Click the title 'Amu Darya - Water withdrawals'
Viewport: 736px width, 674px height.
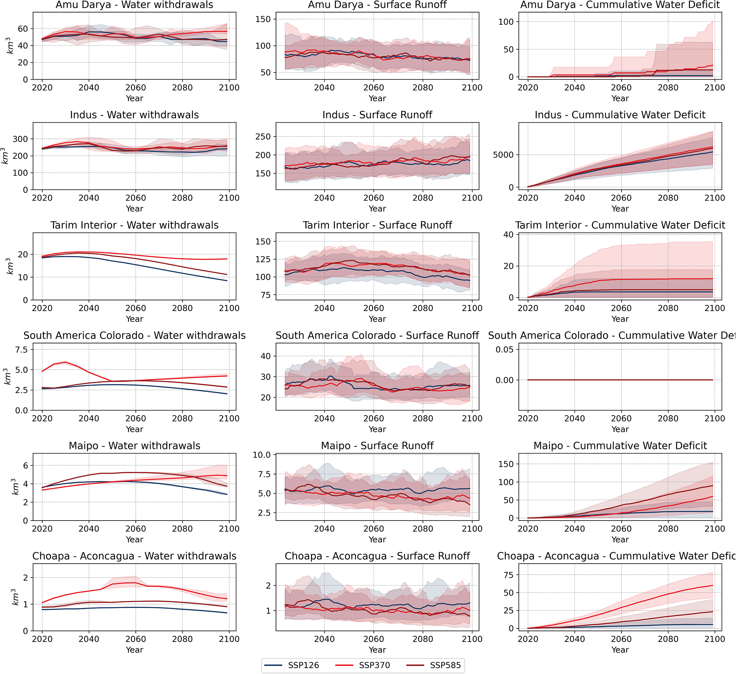pyautogui.click(x=134, y=5)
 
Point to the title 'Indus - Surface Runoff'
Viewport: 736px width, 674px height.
pyautogui.click(x=377, y=115)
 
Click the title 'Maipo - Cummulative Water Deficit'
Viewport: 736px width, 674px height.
pyautogui.click(x=620, y=446)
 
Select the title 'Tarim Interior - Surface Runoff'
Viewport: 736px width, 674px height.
pyautogui.click(x=377, y=225)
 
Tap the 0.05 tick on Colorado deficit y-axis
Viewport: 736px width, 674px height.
pyautogui.click(x=505, y=349)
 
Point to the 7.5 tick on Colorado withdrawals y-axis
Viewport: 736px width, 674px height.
pyautogui.click(x=21, y=349)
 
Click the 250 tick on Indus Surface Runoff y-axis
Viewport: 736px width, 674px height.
pyautogui.click(x=263, y=137)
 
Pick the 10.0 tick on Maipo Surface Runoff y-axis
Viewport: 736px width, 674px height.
pyautogui.click(x=262, y=455)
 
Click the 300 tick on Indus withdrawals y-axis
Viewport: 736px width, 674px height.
pyautogui.click(x=20, y=139)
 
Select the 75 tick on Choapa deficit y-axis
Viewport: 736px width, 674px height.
pyautogui.click(x=508, y=575)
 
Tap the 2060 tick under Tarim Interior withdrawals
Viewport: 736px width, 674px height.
pyautogui.click(x=135, y=308)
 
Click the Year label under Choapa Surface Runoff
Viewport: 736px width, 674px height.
pyautogui.click(x=377, y=650)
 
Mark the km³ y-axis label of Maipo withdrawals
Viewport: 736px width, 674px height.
pyautogui.click(x=14, y=487)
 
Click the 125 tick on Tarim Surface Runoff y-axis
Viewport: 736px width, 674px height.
pyautogui.click(x=263, y=260)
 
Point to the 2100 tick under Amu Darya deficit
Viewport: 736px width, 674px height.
pyautogui.click(x=714, y=88)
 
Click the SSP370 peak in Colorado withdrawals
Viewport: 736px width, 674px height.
pyautogui.click(x=66, y=362)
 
